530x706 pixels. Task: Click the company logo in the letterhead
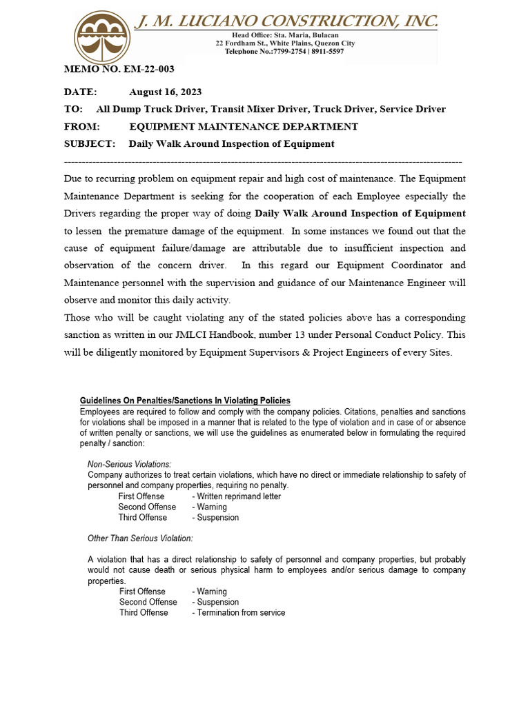(x=102, y=37)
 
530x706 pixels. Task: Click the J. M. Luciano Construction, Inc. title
(x=286, y=21)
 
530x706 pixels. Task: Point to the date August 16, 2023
(x=165, y=92)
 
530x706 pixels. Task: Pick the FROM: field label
(x=82, y=127)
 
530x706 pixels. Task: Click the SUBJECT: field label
(x=89, y=144)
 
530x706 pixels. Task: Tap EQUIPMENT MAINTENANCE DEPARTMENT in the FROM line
(x=244, y=127)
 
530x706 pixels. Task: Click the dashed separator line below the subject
(x=262, y=161)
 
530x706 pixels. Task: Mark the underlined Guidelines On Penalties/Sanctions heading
(x=185, y=401)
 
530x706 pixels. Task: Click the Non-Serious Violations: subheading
(x=130, y=464)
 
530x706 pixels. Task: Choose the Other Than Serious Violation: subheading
(x=140, y=538)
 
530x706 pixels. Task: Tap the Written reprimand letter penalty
(x=239, y=496)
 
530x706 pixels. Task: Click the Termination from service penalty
(x=241, y=613)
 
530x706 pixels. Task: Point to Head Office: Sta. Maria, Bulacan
(x=284, y=35)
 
